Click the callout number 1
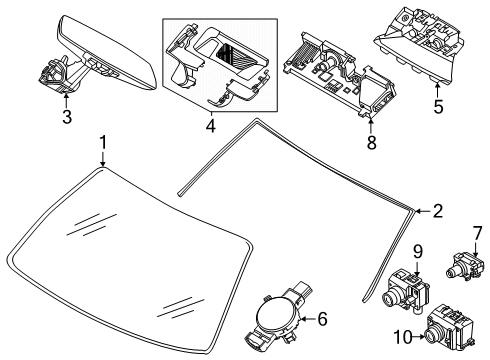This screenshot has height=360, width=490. pos(104,143)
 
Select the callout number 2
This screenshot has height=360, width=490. pos(438,211)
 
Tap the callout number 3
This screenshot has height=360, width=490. pos(67,117)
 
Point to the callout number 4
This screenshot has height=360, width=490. pos(211,126)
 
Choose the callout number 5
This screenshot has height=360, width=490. pos(438,107)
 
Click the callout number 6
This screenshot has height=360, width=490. pos(322,319)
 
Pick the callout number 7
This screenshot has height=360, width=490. pos(477,233)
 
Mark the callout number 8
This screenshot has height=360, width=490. pos(371,143)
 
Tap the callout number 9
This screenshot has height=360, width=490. pos(418,252)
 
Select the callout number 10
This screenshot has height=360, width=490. pos(403,337)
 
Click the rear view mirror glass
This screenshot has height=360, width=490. pos(107,52)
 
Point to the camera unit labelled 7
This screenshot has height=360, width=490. pos(465,265)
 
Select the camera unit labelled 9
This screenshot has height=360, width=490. pos(406,289)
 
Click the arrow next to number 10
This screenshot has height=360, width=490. pos(419,337)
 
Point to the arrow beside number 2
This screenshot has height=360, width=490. pos(423,211)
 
